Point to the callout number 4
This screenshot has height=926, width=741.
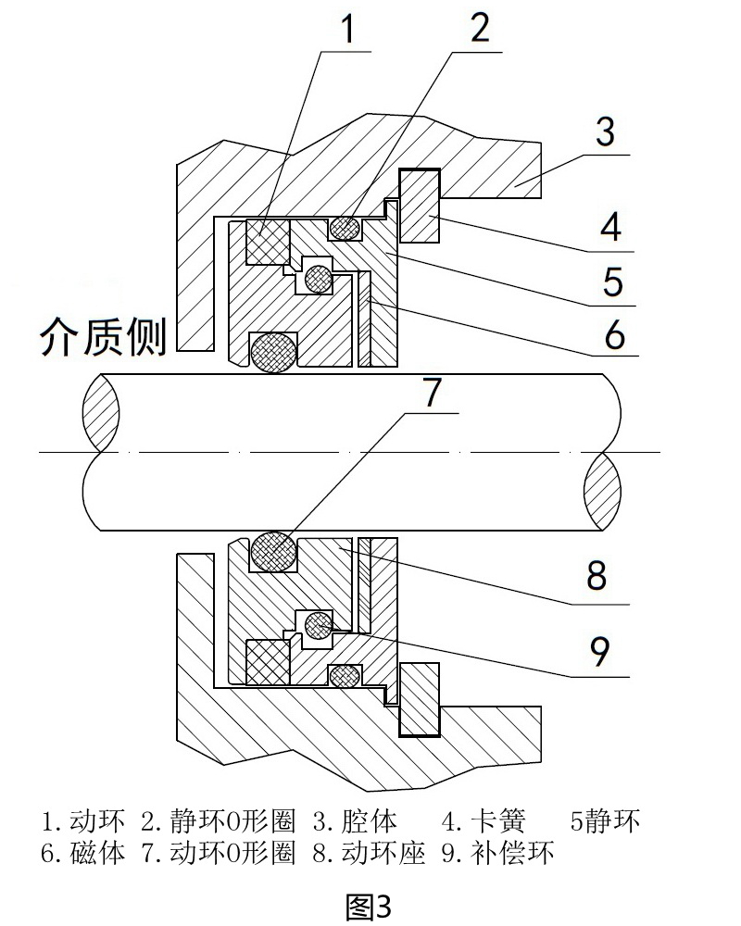point(609,227)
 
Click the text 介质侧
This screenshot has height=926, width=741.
point(102,338)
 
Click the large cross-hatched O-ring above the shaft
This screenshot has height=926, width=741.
point(273,352)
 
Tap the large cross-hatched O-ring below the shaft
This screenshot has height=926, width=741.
point(275,552)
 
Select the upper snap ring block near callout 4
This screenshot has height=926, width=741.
point(419,206)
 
